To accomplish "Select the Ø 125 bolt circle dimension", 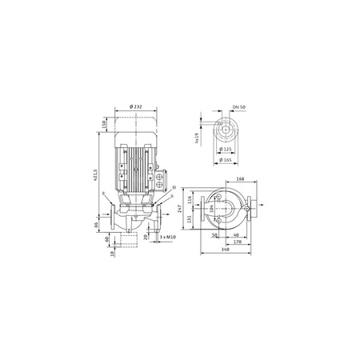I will [226, 149].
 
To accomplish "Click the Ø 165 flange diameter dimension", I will [227, 160].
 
